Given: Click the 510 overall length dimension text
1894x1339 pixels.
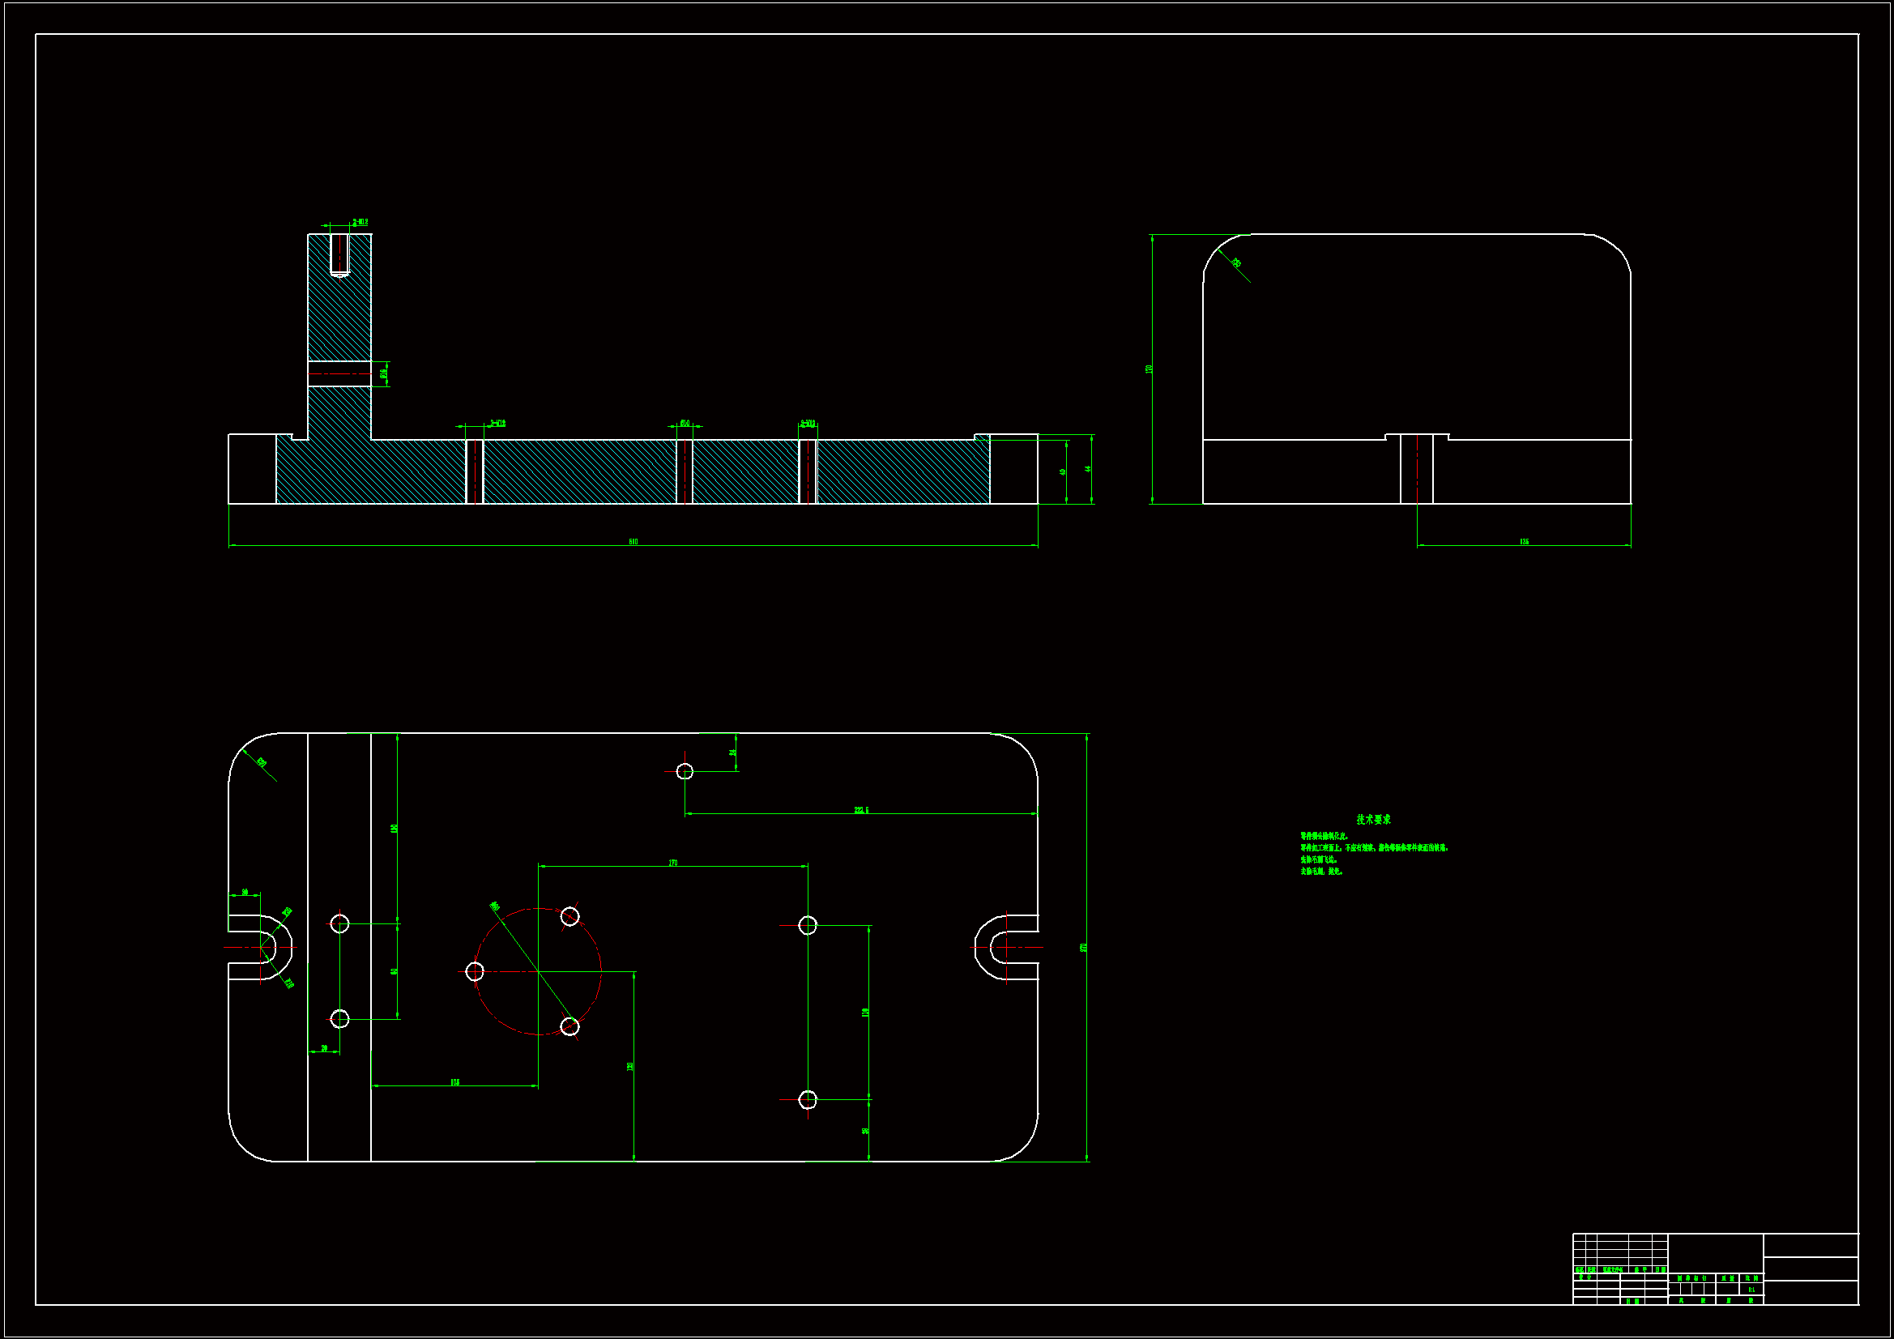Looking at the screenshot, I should coord(633,542).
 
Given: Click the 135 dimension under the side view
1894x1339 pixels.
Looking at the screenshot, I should coord(1524,542).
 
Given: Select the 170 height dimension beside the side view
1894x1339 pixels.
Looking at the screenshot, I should coord(1148,369).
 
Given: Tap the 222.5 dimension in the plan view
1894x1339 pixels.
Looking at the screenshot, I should coord(861,810).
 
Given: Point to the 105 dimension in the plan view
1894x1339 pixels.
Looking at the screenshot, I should coord(454,1082).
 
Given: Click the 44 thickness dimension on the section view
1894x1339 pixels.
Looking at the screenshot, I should coord(1088,468).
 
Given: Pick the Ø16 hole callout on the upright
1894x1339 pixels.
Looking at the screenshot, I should coord(384,373).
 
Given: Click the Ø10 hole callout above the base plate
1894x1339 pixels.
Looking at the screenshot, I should coord(685,423).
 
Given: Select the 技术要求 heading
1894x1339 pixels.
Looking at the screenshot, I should coord(1373,819).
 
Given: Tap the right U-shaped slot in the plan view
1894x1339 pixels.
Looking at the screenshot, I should coord(1005,947).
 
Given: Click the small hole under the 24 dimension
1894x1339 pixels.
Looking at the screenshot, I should coord(685,771).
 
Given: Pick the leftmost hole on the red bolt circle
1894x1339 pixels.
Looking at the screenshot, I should coord(475,971).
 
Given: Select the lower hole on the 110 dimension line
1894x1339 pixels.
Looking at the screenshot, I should coord(808,1099).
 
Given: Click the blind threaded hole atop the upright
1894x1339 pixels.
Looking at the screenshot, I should coord(339,255).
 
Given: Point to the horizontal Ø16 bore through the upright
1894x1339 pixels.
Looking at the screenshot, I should coord(339,373).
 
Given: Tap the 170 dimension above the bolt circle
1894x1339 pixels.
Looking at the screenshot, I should coord(673,863).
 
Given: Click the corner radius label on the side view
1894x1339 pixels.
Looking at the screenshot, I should coord(1236,263).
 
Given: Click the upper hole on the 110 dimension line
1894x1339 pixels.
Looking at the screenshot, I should coord(808,926).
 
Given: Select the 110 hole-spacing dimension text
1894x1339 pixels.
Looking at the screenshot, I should coord(865,1013).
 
